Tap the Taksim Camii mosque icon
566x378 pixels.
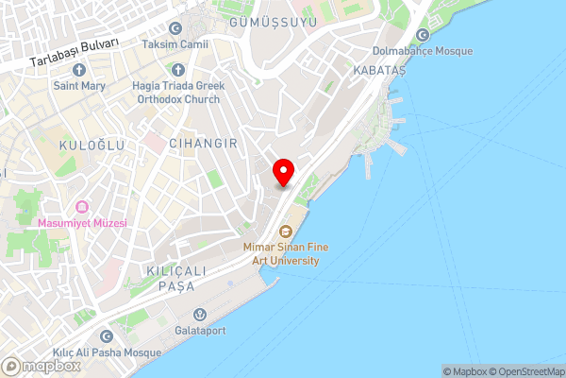[x=175, y=29]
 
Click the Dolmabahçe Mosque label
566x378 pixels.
[x=422, y=51]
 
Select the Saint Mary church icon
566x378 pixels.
[x=78, y=70]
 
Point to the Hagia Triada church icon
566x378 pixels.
[x=178, y=70]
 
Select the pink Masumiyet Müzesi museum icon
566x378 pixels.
[x=82, y=207]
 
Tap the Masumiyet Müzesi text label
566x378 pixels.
[x=82, y=223]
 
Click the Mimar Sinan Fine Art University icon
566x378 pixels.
[x=284, y=231]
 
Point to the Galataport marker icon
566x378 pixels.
[x=198, y=315]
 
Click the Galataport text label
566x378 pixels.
[x=198, y=331]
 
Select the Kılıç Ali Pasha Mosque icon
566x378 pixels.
[x=106, y=336]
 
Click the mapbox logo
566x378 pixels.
[x=40, y=366]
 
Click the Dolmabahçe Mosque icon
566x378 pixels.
[x=422, y=35]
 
